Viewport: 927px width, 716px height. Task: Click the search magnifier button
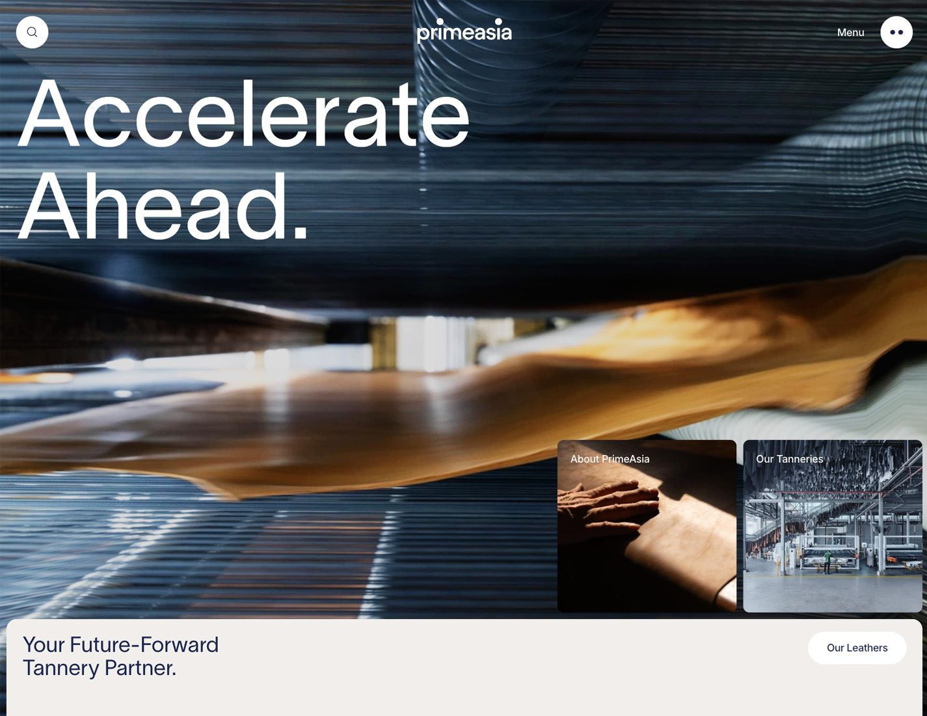click(32, 32)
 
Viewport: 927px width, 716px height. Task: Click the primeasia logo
click(464, 31)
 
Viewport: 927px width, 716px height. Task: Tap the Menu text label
click(850, 33)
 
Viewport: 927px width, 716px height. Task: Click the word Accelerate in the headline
click(243, 113)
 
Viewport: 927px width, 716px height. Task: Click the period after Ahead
click(301, 234)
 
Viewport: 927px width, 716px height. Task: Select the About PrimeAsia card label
click(610, 459)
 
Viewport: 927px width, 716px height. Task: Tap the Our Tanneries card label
click(789, 459)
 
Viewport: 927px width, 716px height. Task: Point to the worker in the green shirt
click(827, 560)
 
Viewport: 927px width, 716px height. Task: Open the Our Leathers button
click(857, 648)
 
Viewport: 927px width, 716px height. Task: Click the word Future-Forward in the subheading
click(144, 644)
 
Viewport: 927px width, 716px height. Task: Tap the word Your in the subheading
click(44, 644)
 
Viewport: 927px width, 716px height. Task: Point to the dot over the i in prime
click(440, 21)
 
